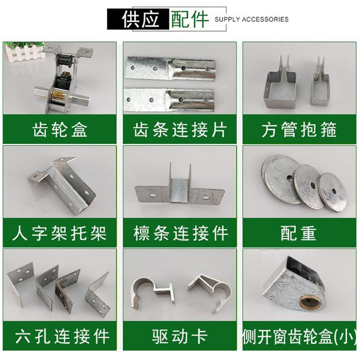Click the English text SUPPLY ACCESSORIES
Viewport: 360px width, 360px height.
click(x=251, y=19)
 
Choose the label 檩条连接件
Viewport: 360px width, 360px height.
click(x=180, y=233)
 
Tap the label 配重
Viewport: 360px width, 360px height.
click(x=299, y=233)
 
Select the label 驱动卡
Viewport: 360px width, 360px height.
click(x=180, y=336)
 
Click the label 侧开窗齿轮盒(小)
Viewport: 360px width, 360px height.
click(x=299, y=336)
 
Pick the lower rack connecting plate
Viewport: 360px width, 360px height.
click(x=178, y=98)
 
